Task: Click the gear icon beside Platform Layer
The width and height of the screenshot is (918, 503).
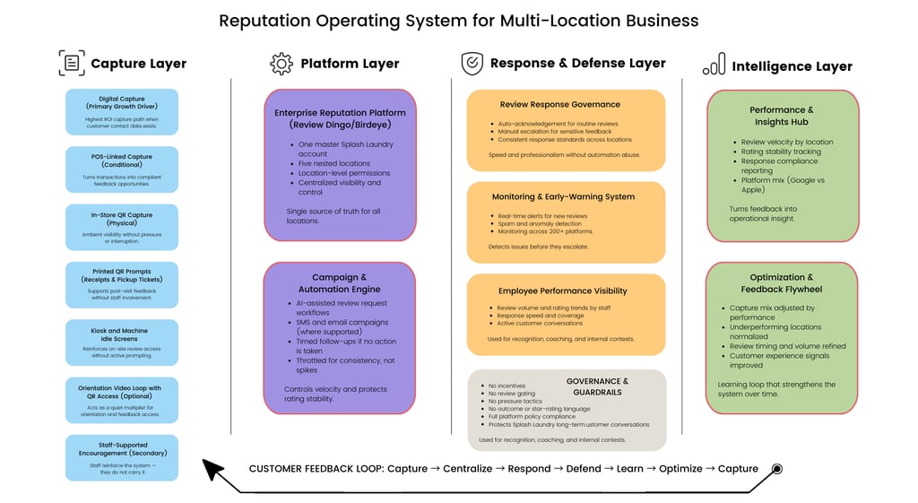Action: [x=281, y=64]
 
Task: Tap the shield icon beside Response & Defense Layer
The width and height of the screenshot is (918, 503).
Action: [x=472, y=64]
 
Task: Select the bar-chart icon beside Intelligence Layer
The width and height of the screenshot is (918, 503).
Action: [x=714, y=65]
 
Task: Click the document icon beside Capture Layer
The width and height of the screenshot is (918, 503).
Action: [x=72, y=63]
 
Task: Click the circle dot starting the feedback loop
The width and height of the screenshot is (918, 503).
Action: [x=777, y=468]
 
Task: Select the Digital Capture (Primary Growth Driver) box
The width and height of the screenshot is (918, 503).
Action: [x=122, y=112]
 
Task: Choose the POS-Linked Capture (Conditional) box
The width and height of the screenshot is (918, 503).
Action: [x=122, y=169]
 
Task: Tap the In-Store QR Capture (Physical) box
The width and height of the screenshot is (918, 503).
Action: [x=122, y=228]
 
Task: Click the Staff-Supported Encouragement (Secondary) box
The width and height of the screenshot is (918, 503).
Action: [x=122, y=457]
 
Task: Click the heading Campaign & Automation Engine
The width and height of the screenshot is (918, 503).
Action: [x=340, y=283]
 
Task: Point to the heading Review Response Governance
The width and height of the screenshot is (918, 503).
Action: [x=560, y=105]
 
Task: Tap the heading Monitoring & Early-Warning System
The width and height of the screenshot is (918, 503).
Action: [x=563, y=197]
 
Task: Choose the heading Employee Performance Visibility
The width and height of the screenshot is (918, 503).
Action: [x=563, y=291]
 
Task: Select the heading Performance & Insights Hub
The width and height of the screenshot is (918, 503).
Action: [x=782, y=116]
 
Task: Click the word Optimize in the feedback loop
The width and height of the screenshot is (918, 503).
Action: [x=680, y=469]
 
